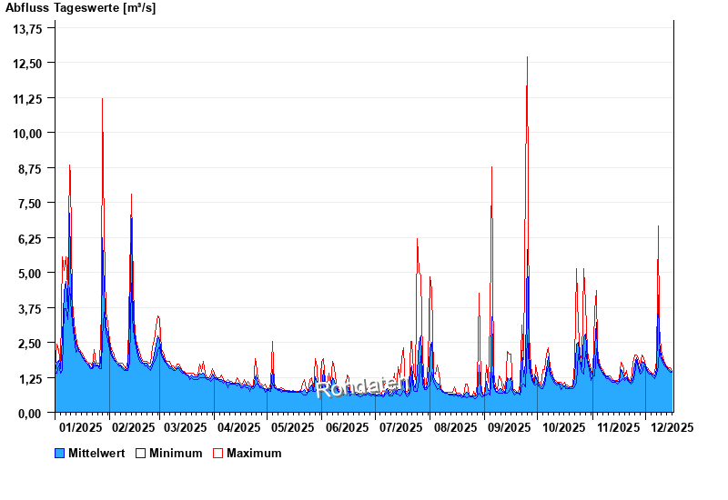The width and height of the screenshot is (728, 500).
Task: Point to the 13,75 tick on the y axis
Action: click(28, 28)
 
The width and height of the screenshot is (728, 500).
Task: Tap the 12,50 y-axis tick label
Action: click(28, 63)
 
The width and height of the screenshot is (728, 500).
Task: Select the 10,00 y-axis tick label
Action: click(28, 133)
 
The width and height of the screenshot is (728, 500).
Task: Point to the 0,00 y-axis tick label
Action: click(30, 413)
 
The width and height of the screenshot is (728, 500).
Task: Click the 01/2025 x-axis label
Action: click(80, 426)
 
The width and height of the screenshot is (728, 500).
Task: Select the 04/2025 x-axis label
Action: click(239, 426)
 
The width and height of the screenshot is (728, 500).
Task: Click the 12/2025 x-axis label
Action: click(672, 426)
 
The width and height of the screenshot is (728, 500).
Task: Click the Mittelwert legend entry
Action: click(97, 453)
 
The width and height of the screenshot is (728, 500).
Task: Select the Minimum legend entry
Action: click(176, 453)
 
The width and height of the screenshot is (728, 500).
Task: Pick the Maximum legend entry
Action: click(254, 453)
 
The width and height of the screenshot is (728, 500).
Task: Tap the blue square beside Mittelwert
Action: click(60, 453)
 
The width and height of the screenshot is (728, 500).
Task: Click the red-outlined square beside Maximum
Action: click(217, 453)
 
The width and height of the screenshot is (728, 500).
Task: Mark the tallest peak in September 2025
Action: click(527, 57)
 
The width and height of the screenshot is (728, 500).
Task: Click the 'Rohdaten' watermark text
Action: click(362, 388)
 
